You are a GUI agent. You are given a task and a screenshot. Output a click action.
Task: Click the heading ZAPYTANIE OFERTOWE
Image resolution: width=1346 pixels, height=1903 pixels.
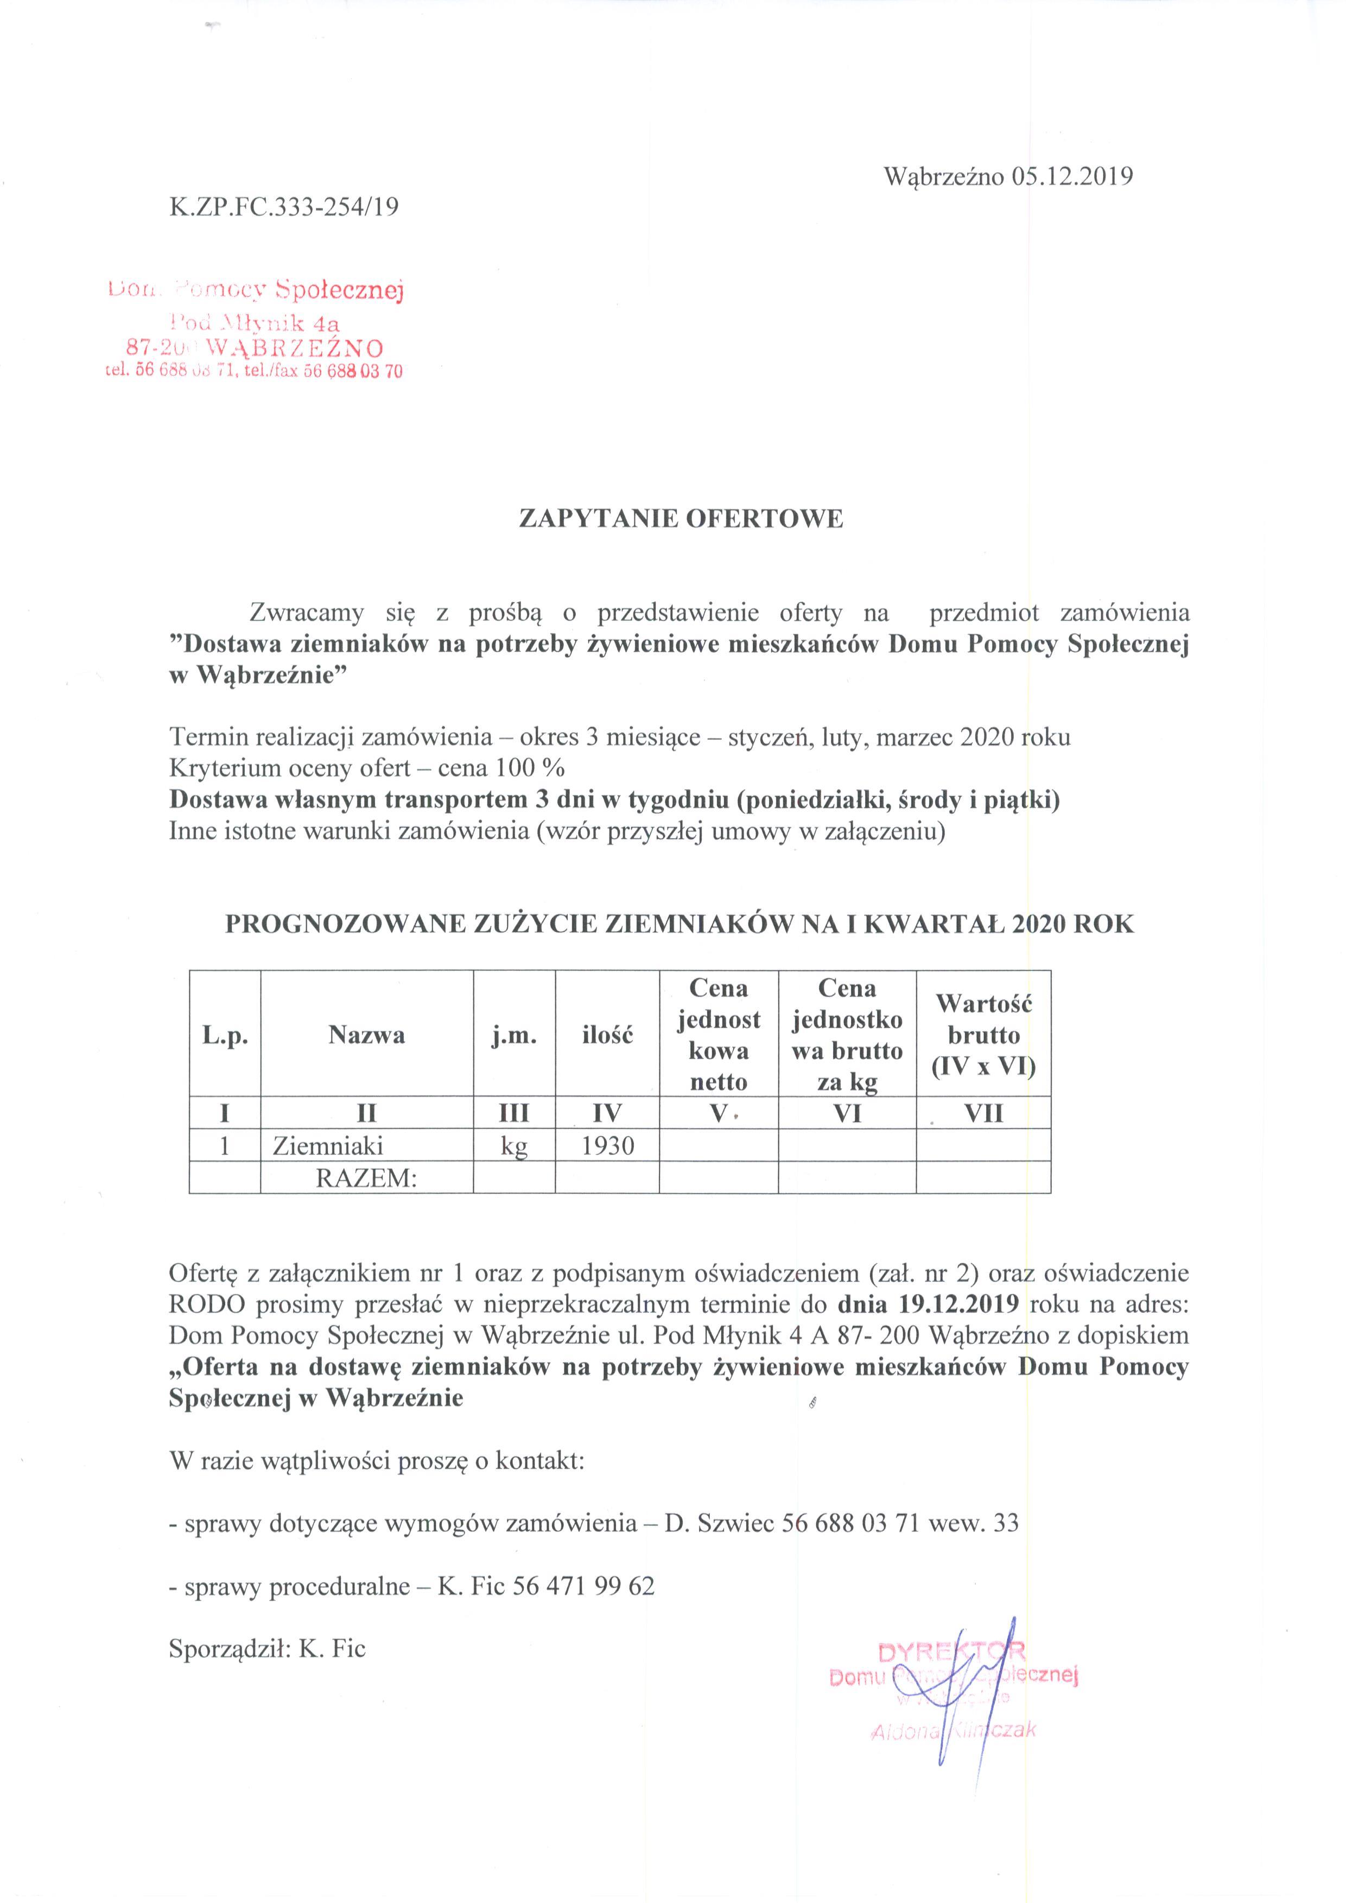[681, 519]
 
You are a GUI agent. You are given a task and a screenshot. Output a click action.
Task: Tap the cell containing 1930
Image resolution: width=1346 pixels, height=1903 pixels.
[607, 1145]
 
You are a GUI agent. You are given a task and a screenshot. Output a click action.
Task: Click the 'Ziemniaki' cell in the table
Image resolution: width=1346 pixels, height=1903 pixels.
[328, 1145]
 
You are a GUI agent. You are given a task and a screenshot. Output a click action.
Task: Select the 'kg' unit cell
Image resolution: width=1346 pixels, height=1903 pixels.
[514, 1145]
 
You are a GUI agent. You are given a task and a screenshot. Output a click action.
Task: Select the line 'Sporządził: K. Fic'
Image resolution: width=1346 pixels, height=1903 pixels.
[267, 1649]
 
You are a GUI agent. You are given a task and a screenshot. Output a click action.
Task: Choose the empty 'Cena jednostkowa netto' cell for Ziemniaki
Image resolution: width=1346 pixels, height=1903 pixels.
[719, 1145]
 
